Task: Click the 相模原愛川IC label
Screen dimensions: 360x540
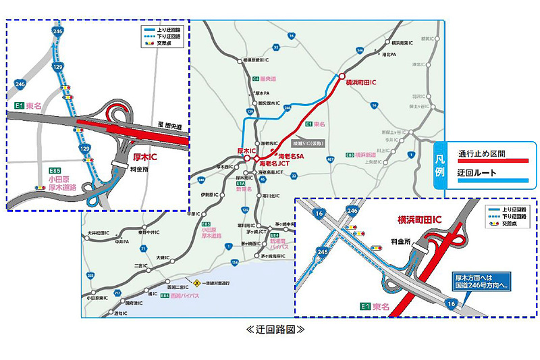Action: [x=259, y=60]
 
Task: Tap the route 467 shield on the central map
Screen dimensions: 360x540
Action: [x=329, y=159]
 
